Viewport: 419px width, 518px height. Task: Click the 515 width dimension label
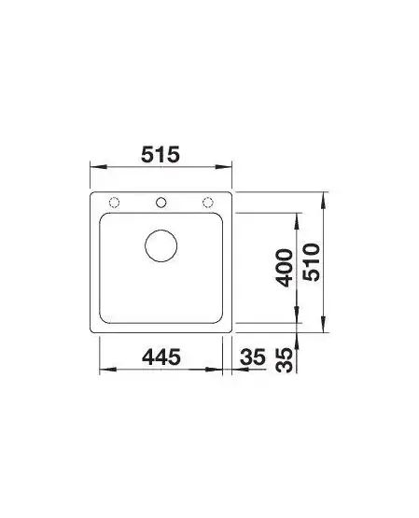(x=161, y=154)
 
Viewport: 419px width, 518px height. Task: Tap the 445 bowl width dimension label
(x=161, y=357)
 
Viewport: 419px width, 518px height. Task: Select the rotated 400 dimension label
(x=284, y=268)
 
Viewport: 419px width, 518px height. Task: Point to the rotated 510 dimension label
(x=312, y=262)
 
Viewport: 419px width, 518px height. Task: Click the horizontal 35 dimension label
(x=253, y=357)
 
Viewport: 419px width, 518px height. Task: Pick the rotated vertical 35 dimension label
(x=284, y=360)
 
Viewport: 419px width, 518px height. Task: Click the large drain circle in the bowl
(x=161, y=230)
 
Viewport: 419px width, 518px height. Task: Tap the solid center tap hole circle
(x=161, y=198)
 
